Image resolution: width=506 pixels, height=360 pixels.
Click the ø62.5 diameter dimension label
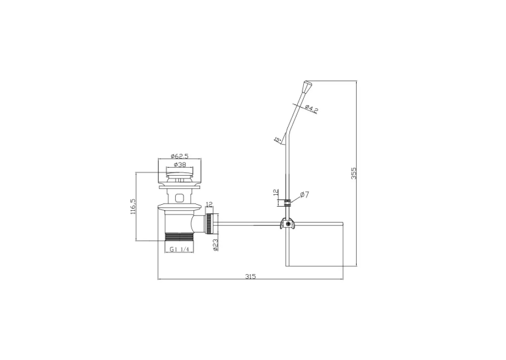[x=180, y=156]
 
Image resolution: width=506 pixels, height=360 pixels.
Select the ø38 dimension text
[x=180, y=164]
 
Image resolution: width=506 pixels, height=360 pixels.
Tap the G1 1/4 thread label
[x=179, y=249]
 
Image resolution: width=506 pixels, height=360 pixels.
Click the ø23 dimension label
[x=216, y=245]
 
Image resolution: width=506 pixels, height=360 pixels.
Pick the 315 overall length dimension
[x=250, y=277]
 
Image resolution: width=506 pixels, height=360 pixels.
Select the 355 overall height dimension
[x=354, y=173]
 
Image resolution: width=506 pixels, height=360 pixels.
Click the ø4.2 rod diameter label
[x=311, y=109]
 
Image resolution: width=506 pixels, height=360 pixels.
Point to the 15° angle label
[x=277, y=140]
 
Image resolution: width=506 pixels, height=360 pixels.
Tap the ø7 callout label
[x=305, y=194]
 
